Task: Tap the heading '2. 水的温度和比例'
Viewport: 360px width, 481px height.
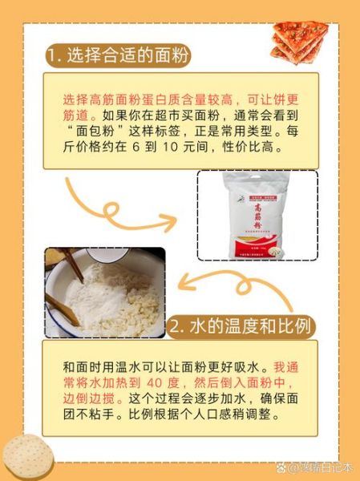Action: pyautogui.click(x=241, y=326)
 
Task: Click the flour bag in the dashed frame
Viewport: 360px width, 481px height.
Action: pyautogui.click(x=257, y=215)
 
